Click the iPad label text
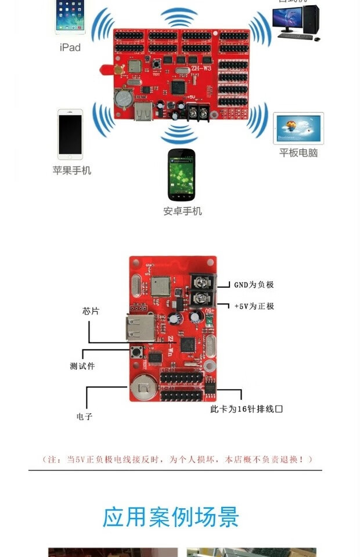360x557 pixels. pyautogui.click(x=70, y=48)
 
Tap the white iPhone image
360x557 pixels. pyautogui.click(x=70, y=134)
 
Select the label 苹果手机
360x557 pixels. pyautogui.click(x=71, y=171)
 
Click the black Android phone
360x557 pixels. pyautogui.click(x=181, y=175)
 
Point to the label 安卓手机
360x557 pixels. pyautogui.click(x=182, y=211)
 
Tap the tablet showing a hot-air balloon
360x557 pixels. pyautogui.click(x=298, y=128)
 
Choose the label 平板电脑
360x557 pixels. pyautogui.click(x=298, y=153)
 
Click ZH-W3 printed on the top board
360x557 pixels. pyautogui.click(x=201, y=68)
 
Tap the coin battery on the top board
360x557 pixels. pyautogui.click(x=123, y=97)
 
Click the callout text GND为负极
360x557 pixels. pyautogui.click(x=254, y=284)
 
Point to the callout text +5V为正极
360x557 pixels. pyautogui.click(x=254, y=306)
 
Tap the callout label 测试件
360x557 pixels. pyautogui.click(x=82, y=366)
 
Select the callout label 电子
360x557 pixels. pyautogui.click(x=84, y=416)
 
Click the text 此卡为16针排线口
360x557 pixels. pyautogui.click(x=246, y=409)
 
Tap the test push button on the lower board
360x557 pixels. pyautogui.click(x=139, y=352)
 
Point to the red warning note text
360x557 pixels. pyautogui.click(x=178, y=459)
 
